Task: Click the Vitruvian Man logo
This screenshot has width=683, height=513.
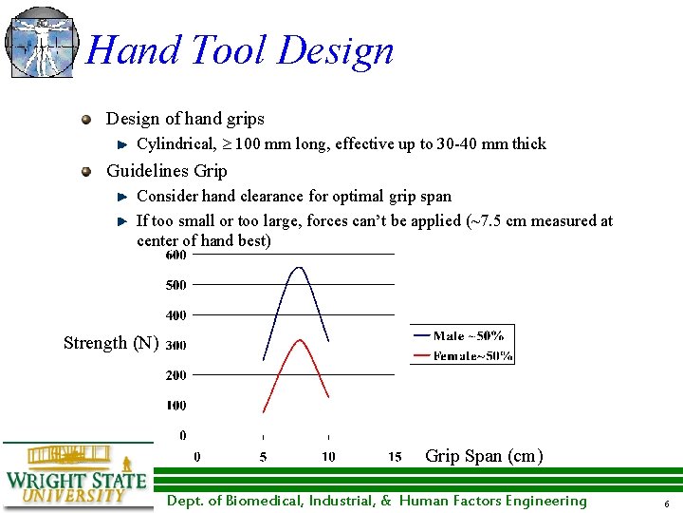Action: coord(40,43)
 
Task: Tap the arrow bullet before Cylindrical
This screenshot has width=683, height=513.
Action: coord(121,145)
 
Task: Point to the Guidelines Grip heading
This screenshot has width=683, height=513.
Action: coord(166,171)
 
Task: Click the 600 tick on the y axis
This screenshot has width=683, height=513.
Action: coord(176,255)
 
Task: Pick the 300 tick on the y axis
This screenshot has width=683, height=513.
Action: coord(176,346)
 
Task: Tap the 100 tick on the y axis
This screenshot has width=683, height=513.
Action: coord(176,406)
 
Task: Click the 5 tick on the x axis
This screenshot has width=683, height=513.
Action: coord(263,457)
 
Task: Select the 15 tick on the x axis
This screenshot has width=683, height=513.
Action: coord(395,457)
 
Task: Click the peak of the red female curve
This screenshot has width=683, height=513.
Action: coord(300,340)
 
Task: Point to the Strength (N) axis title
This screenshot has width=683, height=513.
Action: coord(111,343)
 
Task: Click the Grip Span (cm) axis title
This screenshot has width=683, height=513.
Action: coord(484,456)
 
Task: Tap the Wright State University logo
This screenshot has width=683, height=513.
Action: coord(76,478)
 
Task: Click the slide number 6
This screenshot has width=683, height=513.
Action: coord(667,503)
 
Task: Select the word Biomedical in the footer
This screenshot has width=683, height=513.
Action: coord(255,502)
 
